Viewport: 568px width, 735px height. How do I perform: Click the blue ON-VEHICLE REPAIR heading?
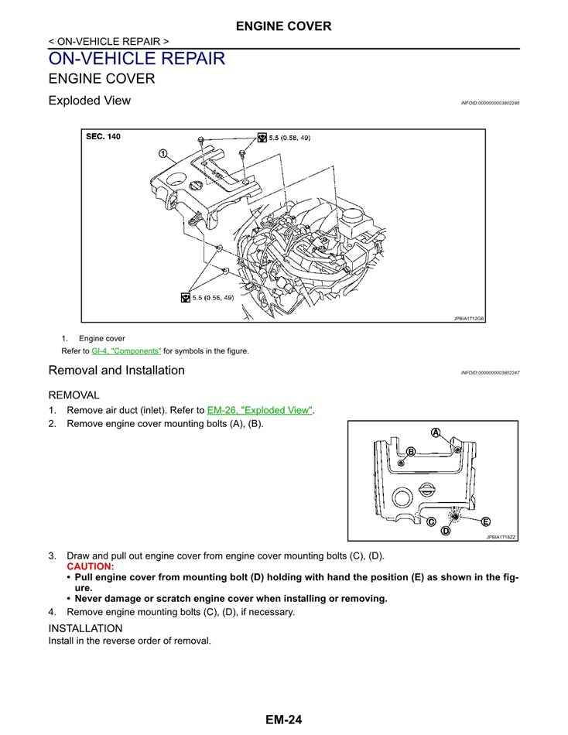[136, 59]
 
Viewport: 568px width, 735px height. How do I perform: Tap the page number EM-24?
[283, 720]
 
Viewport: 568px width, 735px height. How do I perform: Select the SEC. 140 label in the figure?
[103, 137]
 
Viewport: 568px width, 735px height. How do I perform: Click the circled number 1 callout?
[163, 153]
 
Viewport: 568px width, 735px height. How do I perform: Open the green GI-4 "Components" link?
[126, 350]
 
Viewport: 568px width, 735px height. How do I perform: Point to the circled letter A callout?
[436, 432]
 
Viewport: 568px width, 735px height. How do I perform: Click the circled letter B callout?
[411, 451]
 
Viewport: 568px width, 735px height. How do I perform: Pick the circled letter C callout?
[430, 522]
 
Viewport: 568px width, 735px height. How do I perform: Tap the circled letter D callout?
[446, 531]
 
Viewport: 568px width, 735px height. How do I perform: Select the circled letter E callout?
[485, 521]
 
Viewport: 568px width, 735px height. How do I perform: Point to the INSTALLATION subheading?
[85, 628]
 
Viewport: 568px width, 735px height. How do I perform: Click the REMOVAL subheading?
[74, 395]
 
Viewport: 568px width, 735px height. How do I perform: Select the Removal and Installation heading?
[116, 371]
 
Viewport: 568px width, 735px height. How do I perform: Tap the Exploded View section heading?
[89, 101]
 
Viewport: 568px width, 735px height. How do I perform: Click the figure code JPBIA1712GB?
[468, 318]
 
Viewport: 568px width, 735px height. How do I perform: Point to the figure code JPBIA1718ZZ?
[501, 536]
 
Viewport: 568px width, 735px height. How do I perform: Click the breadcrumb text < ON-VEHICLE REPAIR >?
[108, 41]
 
